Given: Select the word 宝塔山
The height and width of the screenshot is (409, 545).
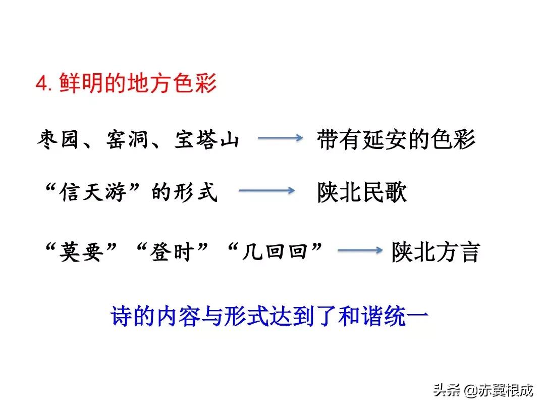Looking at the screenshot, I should point(207,140).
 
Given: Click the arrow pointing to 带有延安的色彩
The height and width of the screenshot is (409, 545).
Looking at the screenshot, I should point(280,138).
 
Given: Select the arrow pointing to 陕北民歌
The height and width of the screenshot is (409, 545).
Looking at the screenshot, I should point(266,190).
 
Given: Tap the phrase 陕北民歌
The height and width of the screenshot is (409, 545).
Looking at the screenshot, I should point(362,192).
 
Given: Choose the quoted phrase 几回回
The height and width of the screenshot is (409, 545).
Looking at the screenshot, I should point(275,251).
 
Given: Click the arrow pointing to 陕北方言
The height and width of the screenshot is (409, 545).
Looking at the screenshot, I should point(359,250).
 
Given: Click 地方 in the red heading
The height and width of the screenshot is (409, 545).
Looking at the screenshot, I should point(149,84).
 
